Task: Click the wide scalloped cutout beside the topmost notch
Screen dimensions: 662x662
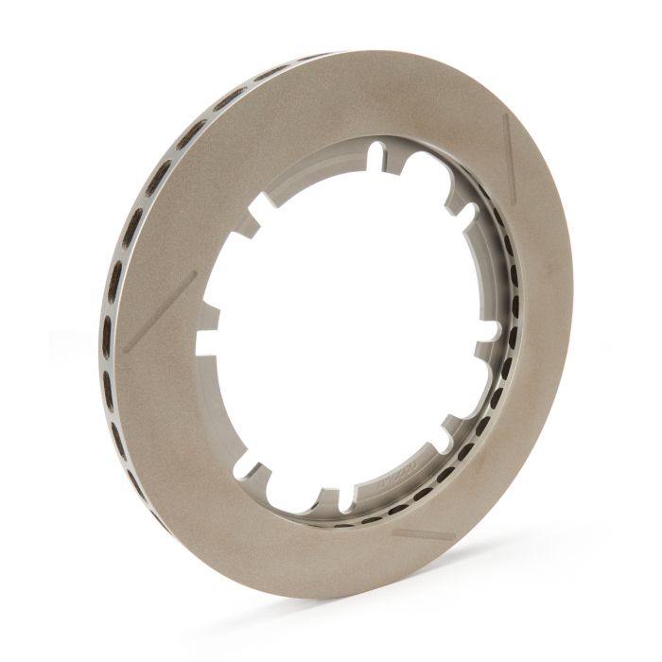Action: coord(416,170)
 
